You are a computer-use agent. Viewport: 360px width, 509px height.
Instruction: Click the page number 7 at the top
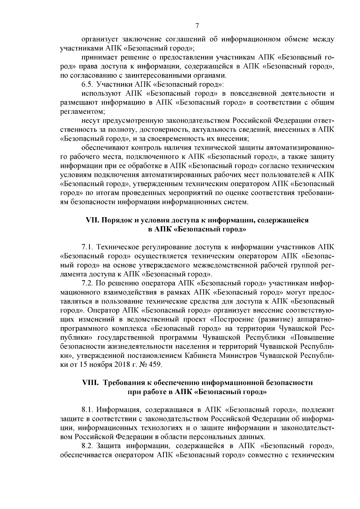197,26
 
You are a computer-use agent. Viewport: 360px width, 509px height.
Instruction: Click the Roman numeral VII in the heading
92,220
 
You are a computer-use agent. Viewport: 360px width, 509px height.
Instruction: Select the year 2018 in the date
112,365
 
